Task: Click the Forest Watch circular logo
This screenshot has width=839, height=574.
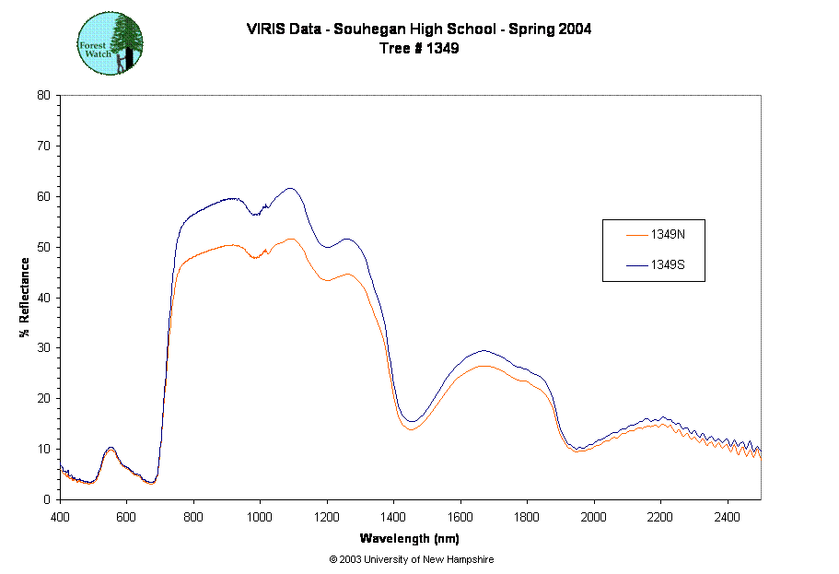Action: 111,43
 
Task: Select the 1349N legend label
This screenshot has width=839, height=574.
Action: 668,235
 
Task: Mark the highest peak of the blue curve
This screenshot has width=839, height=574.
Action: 291,188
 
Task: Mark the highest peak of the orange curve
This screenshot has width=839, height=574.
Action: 291,239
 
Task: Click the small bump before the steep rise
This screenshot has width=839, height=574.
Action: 111,451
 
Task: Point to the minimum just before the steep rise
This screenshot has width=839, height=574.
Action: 152,483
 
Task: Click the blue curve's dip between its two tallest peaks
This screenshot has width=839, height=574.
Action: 257,213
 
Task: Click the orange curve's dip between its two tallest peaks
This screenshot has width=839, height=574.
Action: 256,258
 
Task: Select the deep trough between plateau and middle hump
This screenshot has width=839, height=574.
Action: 411,428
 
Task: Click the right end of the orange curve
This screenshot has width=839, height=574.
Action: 760,456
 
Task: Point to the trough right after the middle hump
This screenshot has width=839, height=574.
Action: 578,451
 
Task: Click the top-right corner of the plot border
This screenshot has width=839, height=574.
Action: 761,95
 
